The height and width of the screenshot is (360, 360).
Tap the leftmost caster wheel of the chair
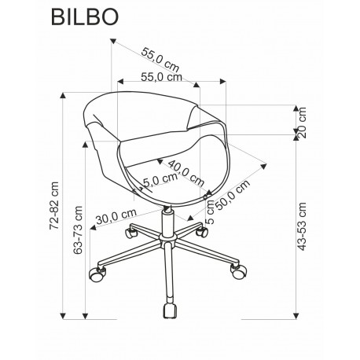[97, 275]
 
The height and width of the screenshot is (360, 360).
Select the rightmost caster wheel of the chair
[236, 273]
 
